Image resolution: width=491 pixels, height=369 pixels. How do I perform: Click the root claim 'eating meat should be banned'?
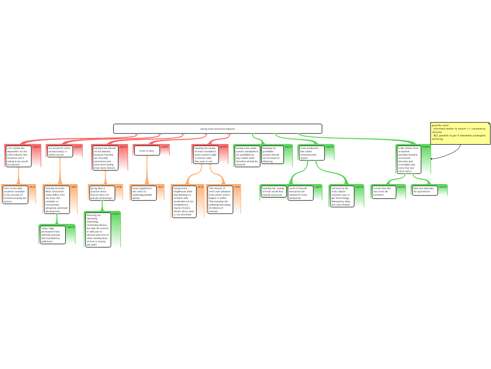click(x=217, y=129)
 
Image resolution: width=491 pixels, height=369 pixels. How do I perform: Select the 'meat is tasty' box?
click(x=146, y=151)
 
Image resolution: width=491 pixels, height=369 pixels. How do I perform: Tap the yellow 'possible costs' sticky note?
click(x=460, y=133)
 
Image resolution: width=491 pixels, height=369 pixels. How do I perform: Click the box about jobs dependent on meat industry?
click(x=18, y=156)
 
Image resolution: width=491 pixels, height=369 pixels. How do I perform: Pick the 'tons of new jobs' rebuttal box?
click(x=14, y=195)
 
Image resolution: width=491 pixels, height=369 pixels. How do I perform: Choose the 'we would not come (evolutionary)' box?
click(x=59, y=151)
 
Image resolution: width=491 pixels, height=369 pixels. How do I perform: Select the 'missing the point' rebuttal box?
click(x=57, y=199)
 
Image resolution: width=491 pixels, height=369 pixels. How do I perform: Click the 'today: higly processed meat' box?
click(x=52, y=234)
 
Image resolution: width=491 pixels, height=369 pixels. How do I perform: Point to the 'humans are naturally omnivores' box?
click(x=105, y=158)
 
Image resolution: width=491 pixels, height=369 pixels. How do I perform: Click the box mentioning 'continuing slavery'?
click(x=98, y=230)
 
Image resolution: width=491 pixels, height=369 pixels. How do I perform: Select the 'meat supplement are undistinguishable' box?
click(x=142, y=193)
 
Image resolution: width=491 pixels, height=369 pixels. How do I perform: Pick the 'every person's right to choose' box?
click(x=205, y=155)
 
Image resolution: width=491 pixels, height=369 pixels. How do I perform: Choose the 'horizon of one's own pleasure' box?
click(x=220, y=199)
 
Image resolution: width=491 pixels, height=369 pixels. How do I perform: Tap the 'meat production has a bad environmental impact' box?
click(x=310, y=153)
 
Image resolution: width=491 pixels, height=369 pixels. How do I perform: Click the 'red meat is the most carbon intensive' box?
click(x=342, y=196)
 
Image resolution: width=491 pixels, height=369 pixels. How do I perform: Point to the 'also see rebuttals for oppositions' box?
click(x=424, y=190)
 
